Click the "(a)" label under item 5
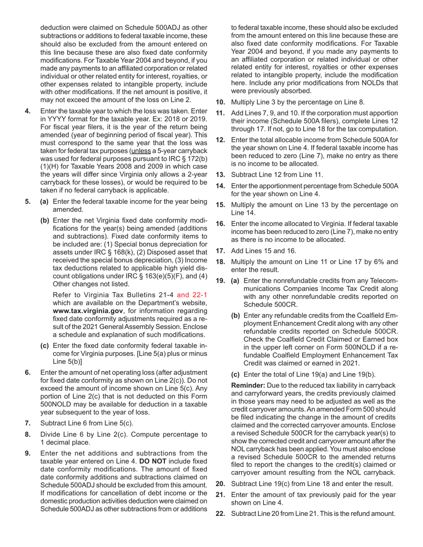(45, 201)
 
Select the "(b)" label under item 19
(236, 315)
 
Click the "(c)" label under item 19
(236, 374)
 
